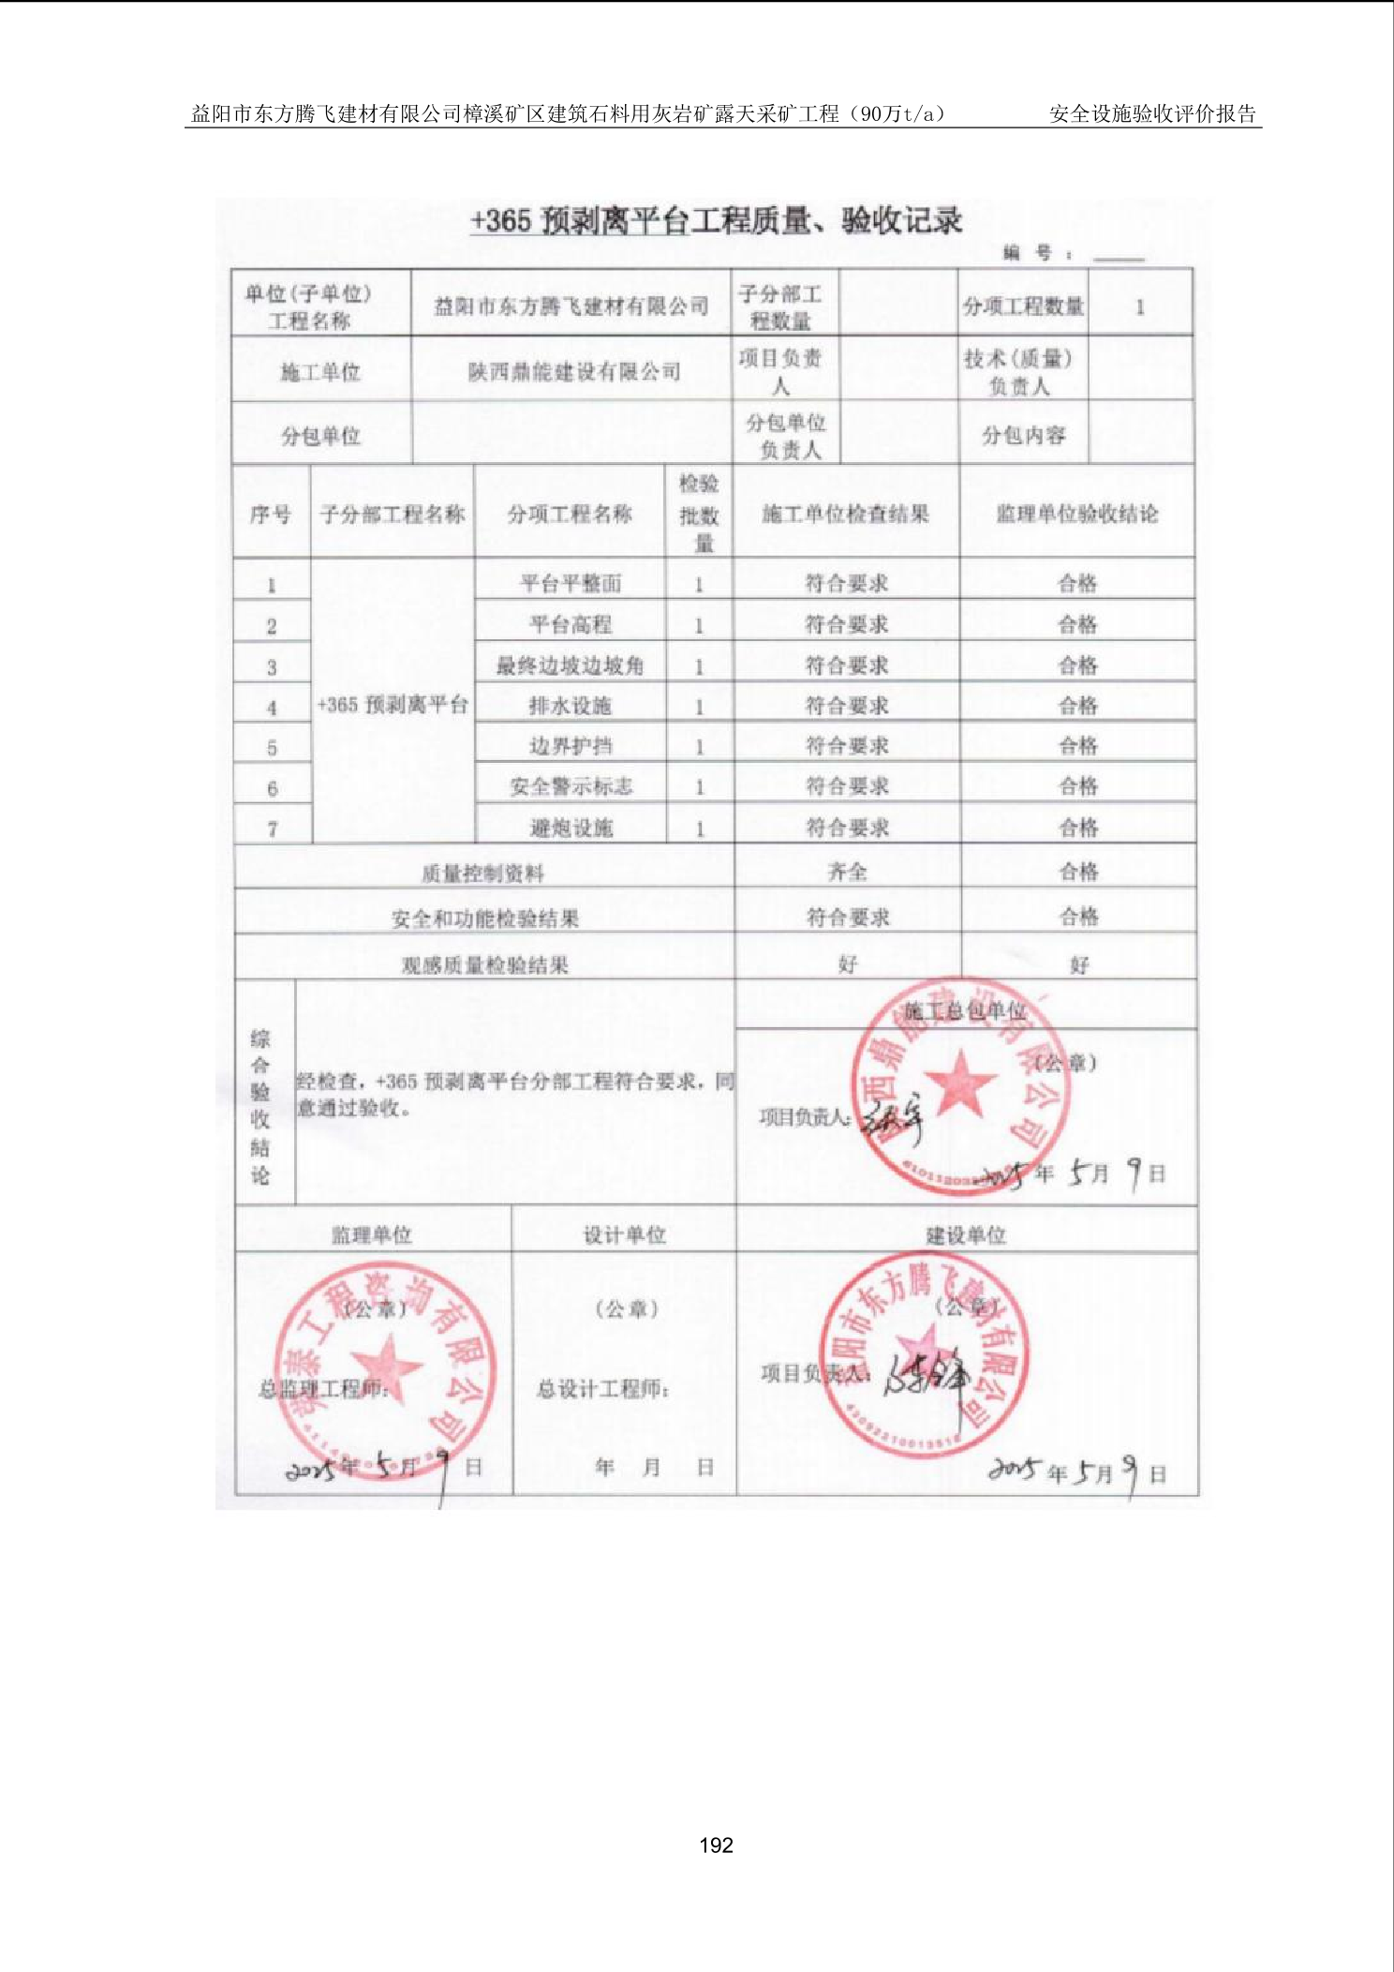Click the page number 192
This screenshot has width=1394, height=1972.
(x=716, y=1845)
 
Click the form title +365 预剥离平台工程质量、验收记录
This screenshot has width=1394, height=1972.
(x=716, y=221)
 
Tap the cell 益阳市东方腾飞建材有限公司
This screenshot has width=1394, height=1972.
(x=571, y=306)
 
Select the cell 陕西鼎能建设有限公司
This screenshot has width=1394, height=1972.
(x=573, y=372)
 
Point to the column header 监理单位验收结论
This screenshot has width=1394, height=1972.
(x=1076, y=514)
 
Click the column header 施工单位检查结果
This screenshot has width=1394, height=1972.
(x=845, y=514)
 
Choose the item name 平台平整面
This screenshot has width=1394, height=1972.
(x=571, y=584)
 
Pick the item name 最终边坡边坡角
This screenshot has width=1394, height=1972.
(x=570, y=665)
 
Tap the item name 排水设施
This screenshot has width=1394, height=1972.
(x=570, y=706)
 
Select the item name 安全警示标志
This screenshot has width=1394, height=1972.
(x=571, y=786)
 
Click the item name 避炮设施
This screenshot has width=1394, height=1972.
(x=571, y=828)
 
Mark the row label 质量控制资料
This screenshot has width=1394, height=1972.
(x=482, y=874)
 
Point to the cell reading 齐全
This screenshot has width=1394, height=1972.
(x=847, y=872)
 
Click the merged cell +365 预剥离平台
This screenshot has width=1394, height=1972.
(x=393, y=705)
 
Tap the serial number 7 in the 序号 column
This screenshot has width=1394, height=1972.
(x=273, y=829)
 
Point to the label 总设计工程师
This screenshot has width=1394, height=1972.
(x=602, y=1389)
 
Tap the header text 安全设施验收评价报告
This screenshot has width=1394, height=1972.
(x=1152, y=114)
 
